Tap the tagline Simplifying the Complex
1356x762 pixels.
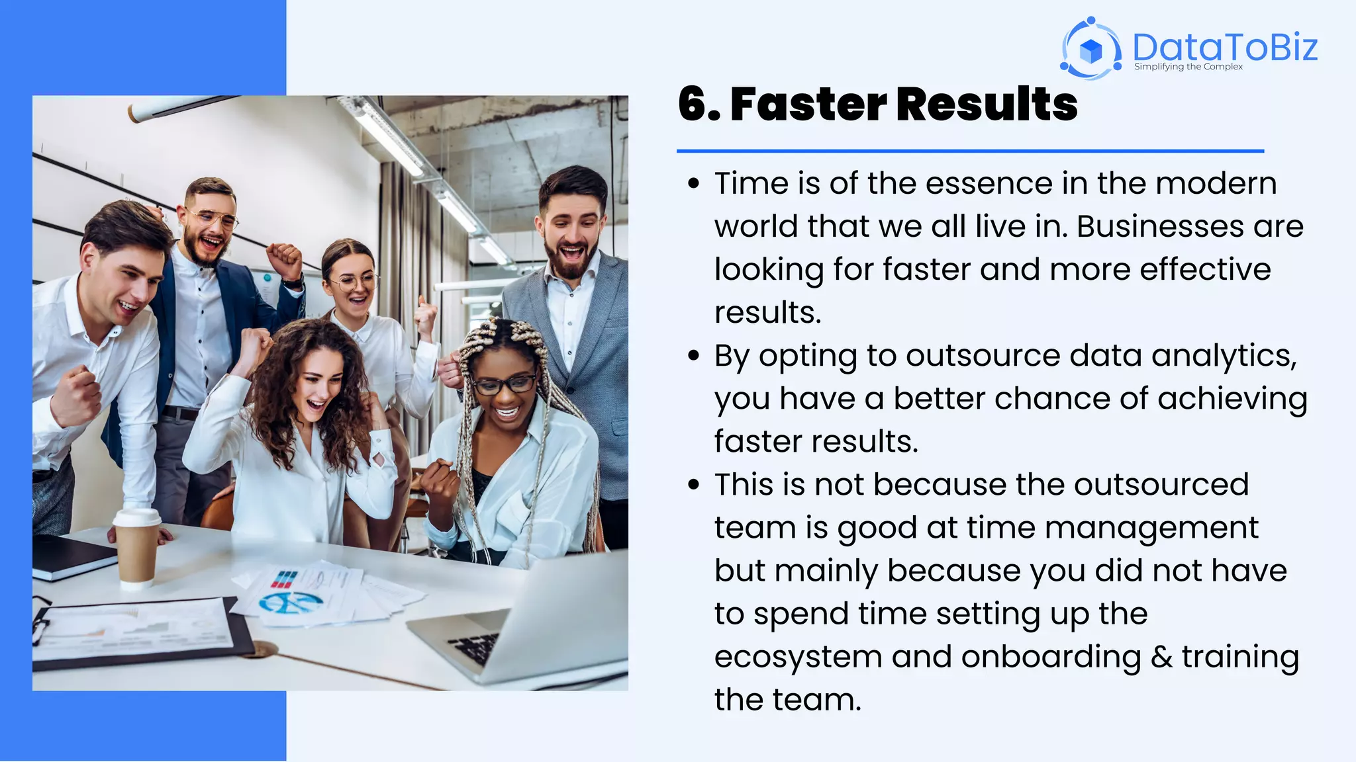[x=1188, y=67]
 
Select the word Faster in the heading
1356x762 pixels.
[x=808, y=105]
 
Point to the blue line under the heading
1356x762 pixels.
[x=970, y=151]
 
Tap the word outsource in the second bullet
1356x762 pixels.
[x=983, y=356]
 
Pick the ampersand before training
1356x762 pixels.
[x=1161, y=657]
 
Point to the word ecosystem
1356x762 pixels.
[x=798, y=657]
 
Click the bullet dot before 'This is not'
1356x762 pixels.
[x=693, y=485]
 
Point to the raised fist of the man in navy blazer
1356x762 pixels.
[x=285, y=259]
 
